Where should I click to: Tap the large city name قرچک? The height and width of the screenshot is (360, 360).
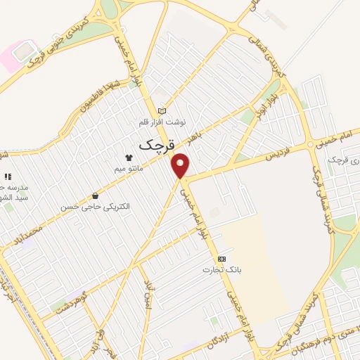155,146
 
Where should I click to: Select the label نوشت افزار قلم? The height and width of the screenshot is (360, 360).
163,121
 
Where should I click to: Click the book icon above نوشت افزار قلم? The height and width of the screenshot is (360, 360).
163,110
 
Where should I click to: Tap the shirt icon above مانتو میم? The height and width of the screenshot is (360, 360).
129,158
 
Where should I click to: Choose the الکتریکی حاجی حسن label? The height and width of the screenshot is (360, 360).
96,207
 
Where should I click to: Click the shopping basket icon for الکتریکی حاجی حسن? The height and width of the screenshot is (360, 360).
95,196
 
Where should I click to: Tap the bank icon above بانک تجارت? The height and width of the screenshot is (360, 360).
221,259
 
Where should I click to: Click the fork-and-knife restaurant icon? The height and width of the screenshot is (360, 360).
8,176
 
